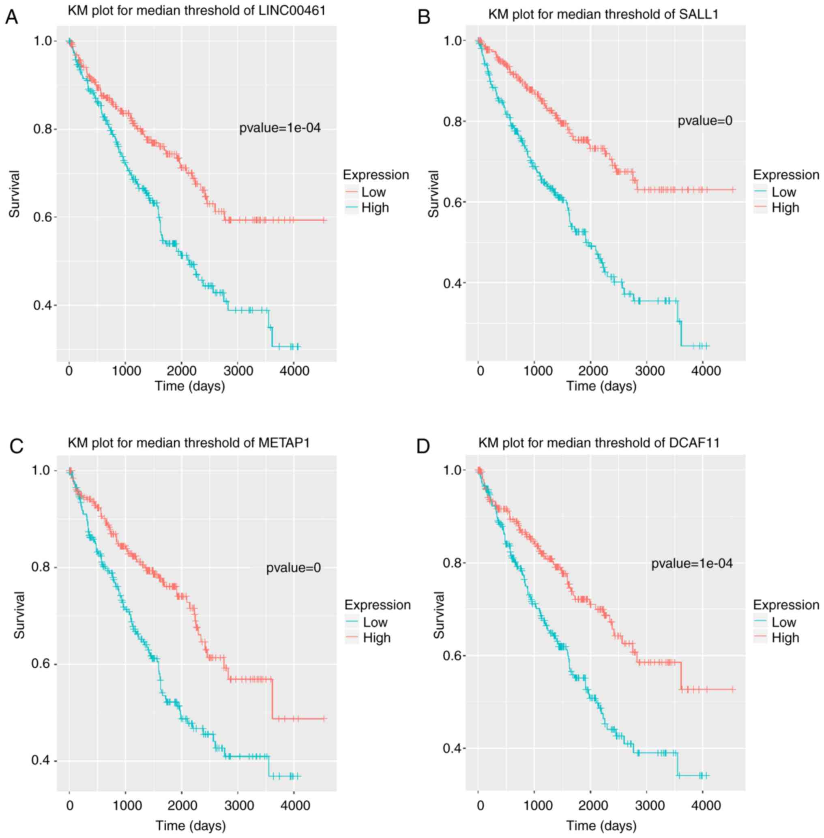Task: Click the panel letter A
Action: pyautogui.click(x=12, y=18)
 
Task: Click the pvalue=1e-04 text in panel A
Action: pyautogui.click(x=280, y=128)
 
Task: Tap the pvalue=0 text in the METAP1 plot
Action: pyautogui.click(x=294, y=567)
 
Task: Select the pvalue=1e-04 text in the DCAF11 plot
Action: pyautogui.click(x=692, y=563)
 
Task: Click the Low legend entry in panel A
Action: pyautogui.click(x=373, y=192)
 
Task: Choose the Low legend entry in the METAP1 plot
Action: pyautogui.click(x=375, y=622)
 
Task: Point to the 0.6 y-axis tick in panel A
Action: pyautogui.click(x=42, y=217)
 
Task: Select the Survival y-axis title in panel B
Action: pyautogui.click(x=433, y=193)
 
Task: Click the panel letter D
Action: pyautogui.click(x=423, y=447)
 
